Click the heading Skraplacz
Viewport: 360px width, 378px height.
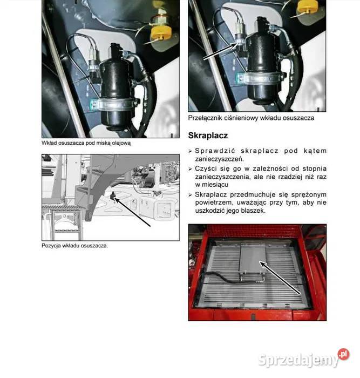[x=208, y=136]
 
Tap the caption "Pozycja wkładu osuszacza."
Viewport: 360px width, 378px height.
[x=74, y=246]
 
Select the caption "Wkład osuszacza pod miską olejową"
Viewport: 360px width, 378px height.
[x=86, y=143]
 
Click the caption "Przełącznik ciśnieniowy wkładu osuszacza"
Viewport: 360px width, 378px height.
[x=251, y=118]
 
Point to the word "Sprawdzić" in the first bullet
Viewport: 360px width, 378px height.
[x=215, y=151]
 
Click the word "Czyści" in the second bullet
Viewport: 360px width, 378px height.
[x=205, y=168]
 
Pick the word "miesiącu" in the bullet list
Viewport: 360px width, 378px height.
[x=215, y=185]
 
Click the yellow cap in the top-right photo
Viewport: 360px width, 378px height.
[x=308, y=6]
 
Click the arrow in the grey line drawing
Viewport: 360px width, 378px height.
[x=132, y=212]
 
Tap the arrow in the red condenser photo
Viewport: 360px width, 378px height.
[x=280, y=278]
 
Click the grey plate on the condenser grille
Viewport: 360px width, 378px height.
[x=253, y=258]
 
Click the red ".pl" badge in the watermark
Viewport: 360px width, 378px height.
[x=343, y=354]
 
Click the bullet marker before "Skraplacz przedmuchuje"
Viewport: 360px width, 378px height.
[x=190, y=195]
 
